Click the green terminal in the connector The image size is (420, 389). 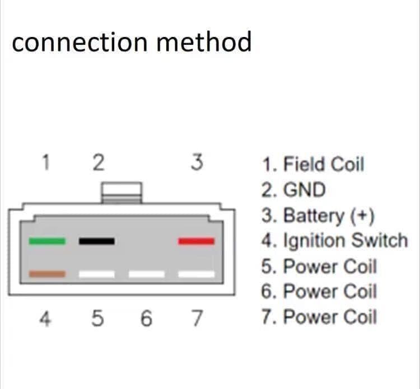[47, 241]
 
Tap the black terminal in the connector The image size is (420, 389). [97, 241]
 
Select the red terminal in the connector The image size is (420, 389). [197, 241]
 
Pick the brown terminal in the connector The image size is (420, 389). [47, 274]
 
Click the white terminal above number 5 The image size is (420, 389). [97, 274]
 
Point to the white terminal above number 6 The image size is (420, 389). [147, 274]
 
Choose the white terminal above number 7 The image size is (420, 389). [197, 274]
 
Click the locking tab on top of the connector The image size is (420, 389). [122, 193]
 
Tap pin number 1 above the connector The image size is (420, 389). [46, 162]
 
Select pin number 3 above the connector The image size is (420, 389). [197, 162]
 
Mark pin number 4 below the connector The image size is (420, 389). [45, 318]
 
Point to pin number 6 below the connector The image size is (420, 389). [146, 318]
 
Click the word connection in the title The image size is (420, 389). [80, 42]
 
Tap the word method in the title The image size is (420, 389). [204, 41]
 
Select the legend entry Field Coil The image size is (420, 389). [313, 164]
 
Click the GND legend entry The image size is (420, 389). [293, 190]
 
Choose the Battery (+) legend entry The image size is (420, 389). [318, 216]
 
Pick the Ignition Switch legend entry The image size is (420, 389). [335, 241]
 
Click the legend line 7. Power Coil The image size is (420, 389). [319, 317]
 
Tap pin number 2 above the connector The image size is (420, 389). [99, 162]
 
